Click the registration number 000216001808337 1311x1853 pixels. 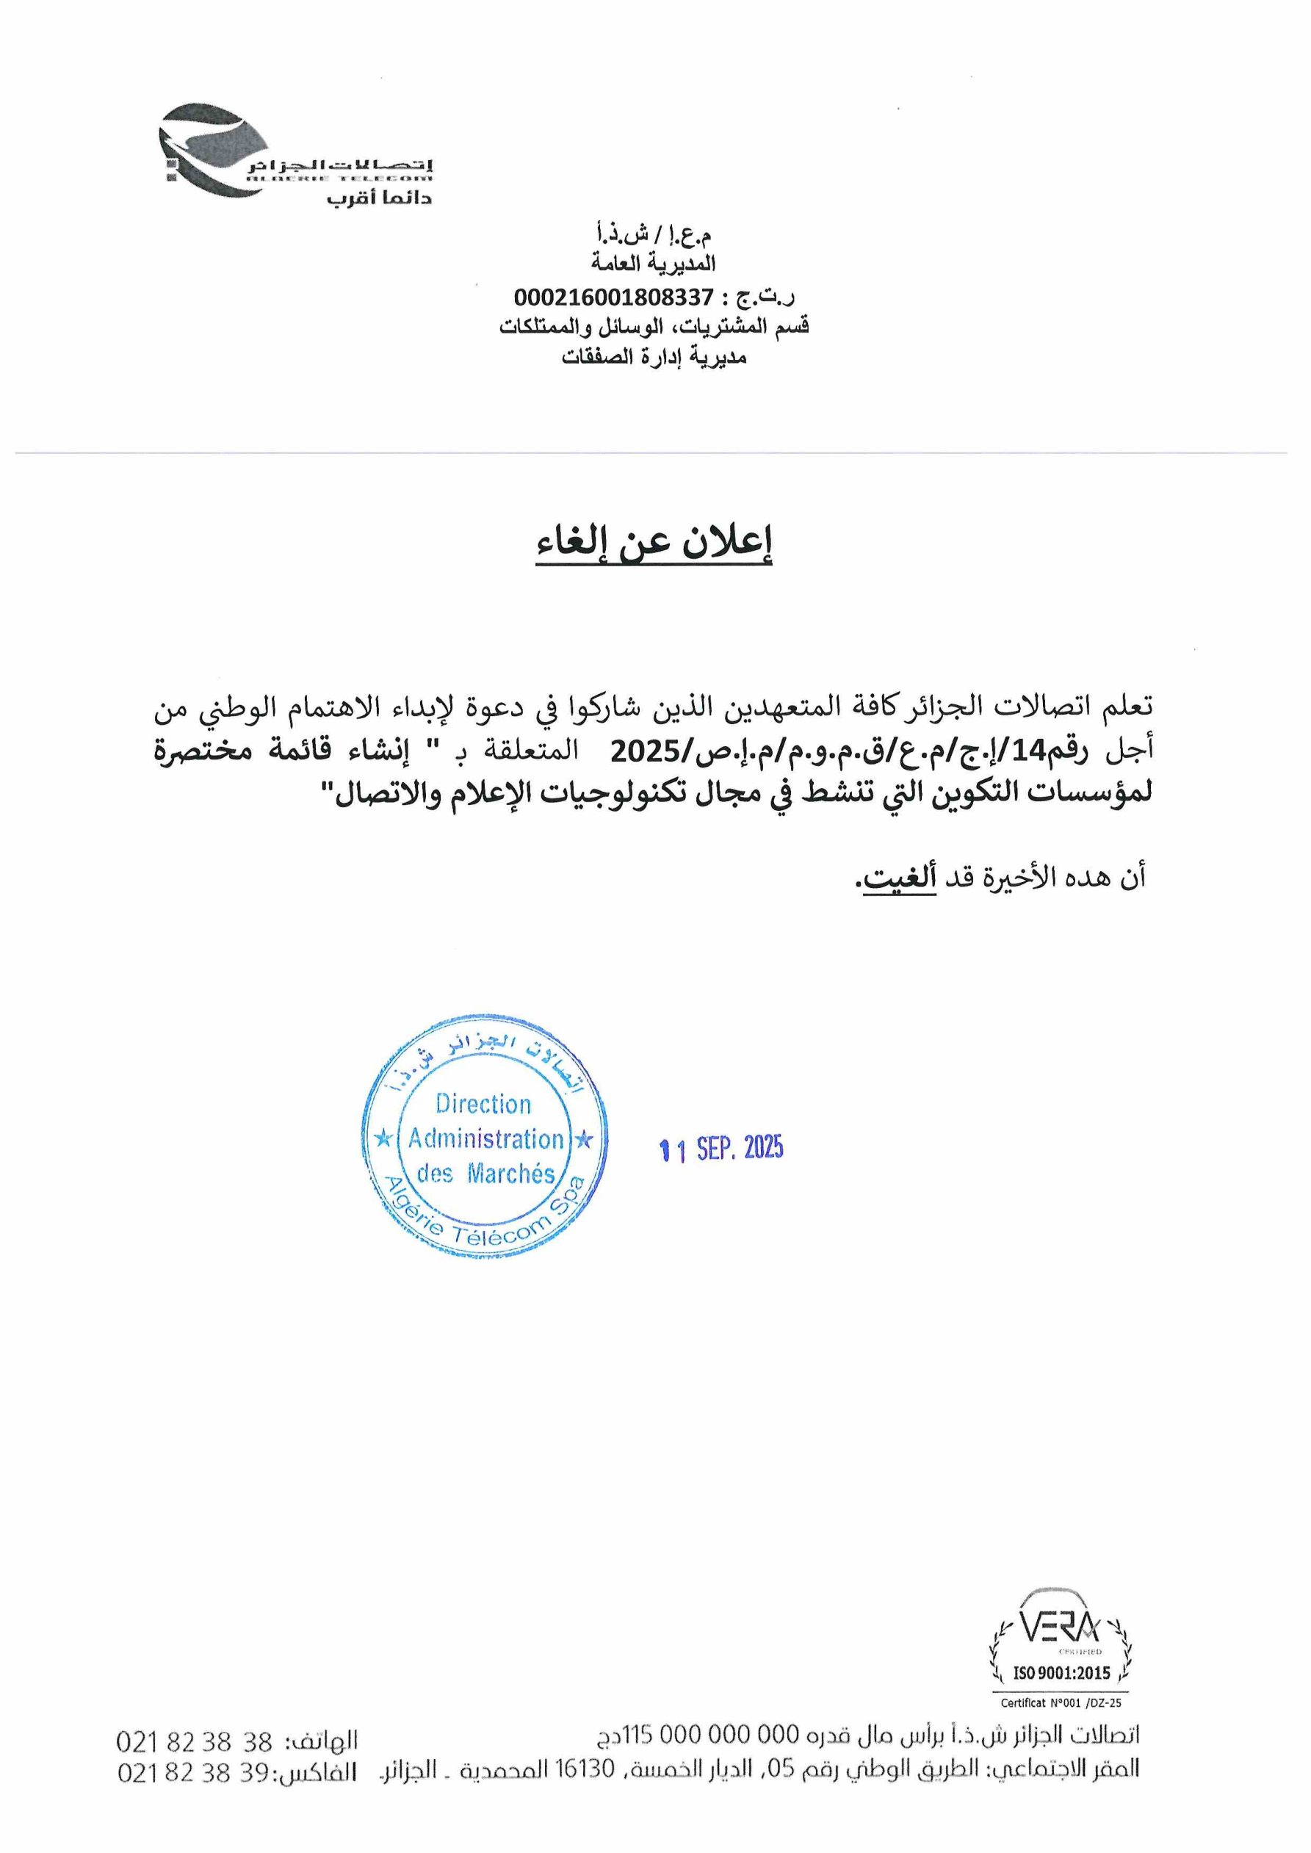613,297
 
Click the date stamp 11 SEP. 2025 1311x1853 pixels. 721,1149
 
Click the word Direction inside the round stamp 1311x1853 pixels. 483,1103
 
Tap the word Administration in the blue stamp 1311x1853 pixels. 485,1139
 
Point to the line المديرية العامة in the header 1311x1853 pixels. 653,264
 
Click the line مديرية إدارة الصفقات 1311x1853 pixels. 654,357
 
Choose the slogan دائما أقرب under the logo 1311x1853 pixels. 380,198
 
